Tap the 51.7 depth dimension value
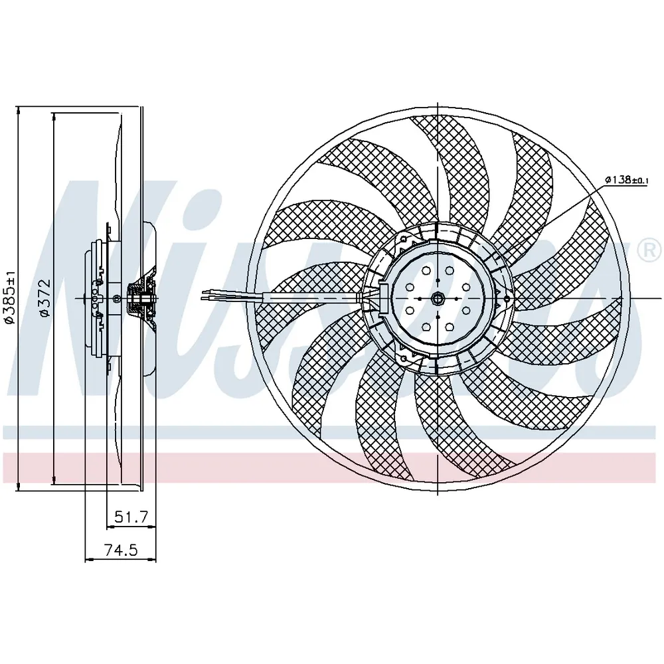[x=131, y=516]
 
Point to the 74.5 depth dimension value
[x=121, y=550]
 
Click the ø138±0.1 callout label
[x=626, y=179]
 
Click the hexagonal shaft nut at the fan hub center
[x=437, y=299]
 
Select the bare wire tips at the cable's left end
[x=207, y=295]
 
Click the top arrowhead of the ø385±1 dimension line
[x=18, y=111]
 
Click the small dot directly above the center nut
[x=437, y=281]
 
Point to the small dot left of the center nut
[x=419, y=299]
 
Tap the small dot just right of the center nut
[x=456, y=299]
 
